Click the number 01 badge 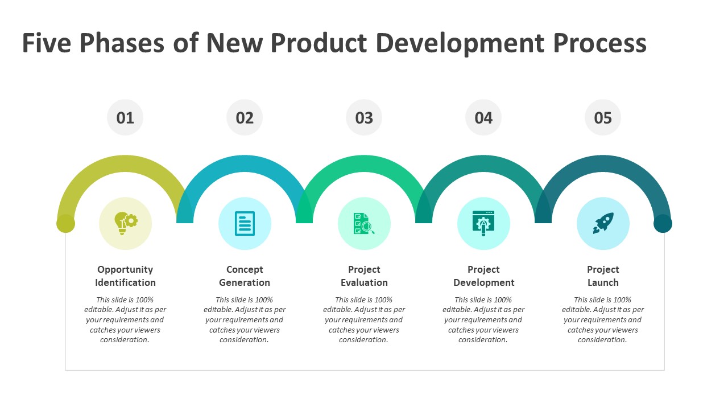[x=125, y=117]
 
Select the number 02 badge [x=245, y=117]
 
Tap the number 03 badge [x=364, y=117]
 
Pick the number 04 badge [x=483, y=117]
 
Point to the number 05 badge [x=603, y=117]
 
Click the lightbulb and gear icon [x=126, y=223]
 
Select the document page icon [x=245, y=224]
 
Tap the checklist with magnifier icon [x=364, y=224]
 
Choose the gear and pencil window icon [x=483, y=223]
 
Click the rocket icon [x=603, y=223]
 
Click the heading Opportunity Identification [x=125, y=276]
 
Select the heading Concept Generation [x=245, y=276]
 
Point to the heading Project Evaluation [x=364, y=276]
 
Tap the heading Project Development [x=483, y=276]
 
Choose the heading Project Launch [x=603, y=276]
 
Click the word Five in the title [x=47, y=43]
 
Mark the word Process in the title [x=600, y=43]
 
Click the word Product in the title [x=319, y=43]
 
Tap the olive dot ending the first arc [x=65, y=224]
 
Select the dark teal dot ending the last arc [x=663, y=224]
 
